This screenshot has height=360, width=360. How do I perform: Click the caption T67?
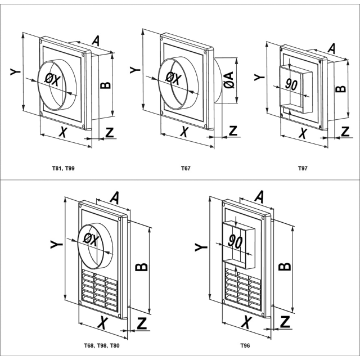click(185, 168)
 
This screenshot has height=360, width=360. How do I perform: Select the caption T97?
click(304, 168)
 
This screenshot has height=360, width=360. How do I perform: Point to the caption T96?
click(245, 345)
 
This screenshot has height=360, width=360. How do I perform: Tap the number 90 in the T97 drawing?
click(291, 84)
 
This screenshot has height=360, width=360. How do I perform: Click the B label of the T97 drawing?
click(339, 88)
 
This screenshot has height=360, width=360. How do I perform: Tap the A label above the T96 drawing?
click(260, 196)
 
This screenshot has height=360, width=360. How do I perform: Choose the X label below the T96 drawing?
click(246, 322)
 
